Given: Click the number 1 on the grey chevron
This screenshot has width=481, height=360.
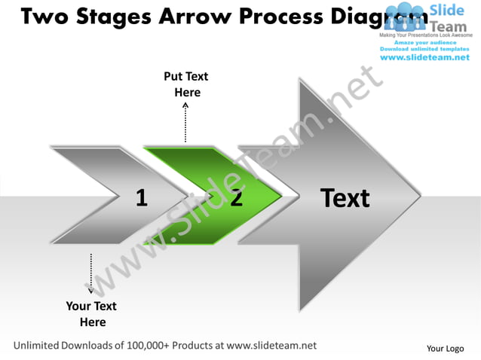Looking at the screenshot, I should [141, 198].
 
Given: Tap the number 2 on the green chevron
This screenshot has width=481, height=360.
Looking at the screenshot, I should [237, 198].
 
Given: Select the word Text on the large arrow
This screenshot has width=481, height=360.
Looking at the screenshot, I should [345, 198].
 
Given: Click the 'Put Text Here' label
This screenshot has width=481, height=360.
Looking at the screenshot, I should [186, 84].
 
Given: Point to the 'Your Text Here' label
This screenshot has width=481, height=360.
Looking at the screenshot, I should [91, 314].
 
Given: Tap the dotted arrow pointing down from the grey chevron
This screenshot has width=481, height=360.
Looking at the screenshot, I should [91, 273].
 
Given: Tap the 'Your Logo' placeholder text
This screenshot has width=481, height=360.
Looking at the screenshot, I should [445, 348].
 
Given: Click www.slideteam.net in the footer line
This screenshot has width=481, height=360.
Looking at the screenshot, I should [271, 346].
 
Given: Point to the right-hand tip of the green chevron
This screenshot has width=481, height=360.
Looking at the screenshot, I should [283, 197].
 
